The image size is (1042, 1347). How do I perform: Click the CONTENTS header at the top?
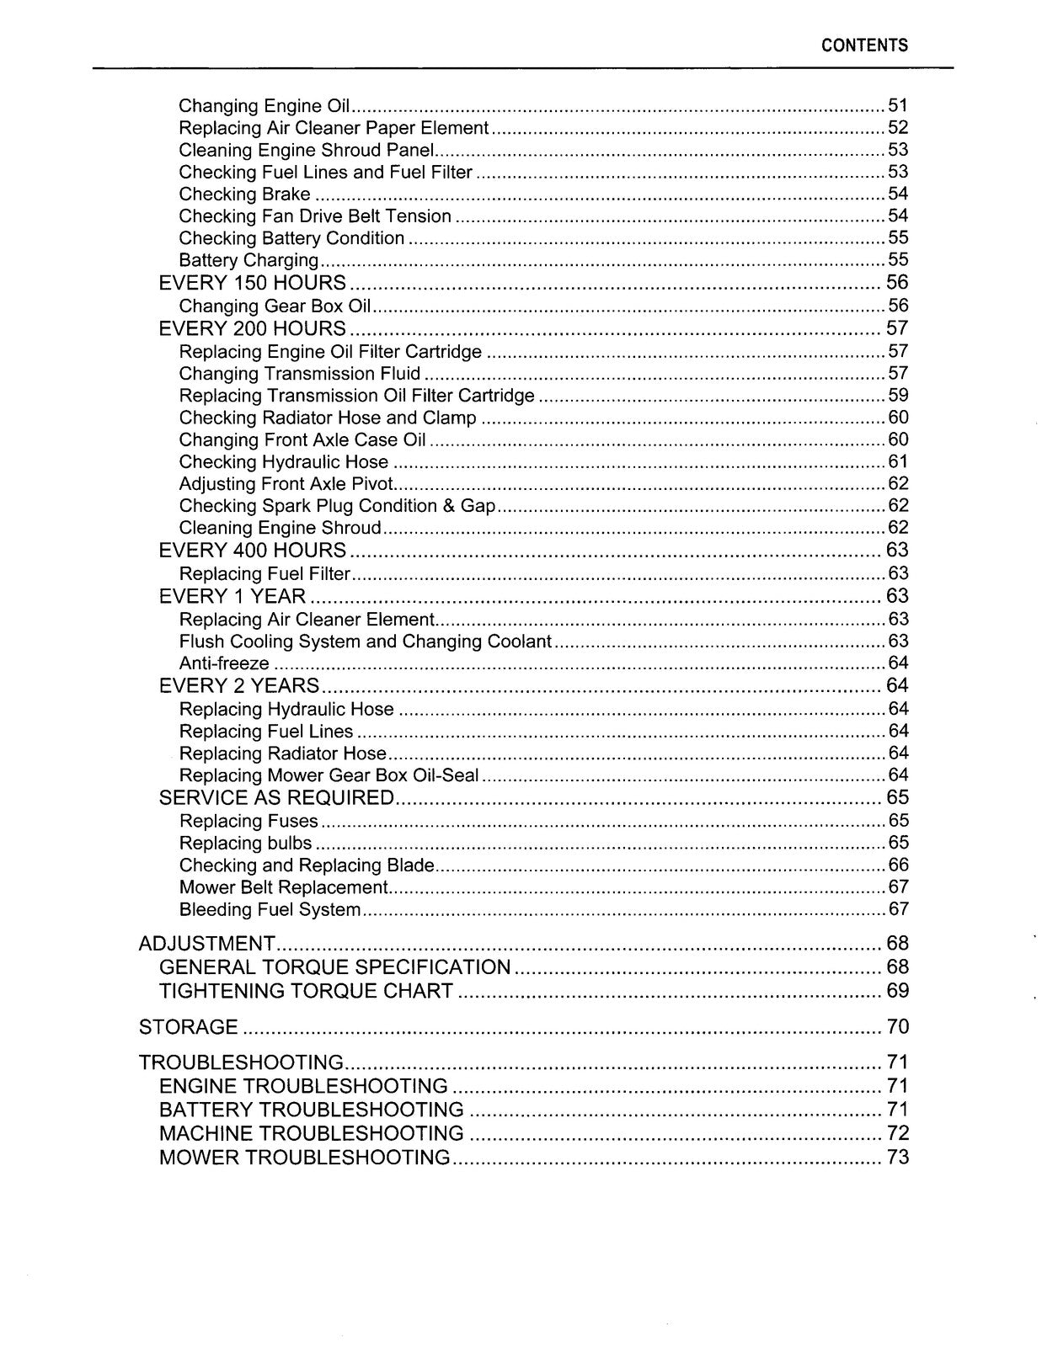pyautogui.click(x=864, y=45)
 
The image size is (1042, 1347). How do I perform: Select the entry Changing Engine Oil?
pyautogui.click(x=265, y=106)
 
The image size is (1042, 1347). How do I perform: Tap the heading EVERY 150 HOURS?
pyautogui.click(x=252, y=283)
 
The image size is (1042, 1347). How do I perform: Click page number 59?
pyautogui.click(x=898, y=396)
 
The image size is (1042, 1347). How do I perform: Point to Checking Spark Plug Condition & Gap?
pyautogui.click(x=337, y=506)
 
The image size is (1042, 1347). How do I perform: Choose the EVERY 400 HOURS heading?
pyautogui.click(x=252, y=551)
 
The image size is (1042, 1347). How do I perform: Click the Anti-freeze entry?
pyautogui.click(x=224, y=663)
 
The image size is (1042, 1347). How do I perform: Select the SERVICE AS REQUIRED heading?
pyautogui.click(x=276, y=798)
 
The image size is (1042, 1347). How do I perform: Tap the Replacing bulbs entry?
pyautogui.click(x=245, y=844)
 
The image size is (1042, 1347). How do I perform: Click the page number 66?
pyautogui.click(x=898, y=865)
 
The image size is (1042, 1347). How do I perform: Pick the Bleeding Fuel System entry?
pyautogui.click(x=270, y=910)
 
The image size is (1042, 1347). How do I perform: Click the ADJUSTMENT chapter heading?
pyautogui.click(x=206, y=944)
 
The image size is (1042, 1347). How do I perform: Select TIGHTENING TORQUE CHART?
pyautogui.click(x=306, y=991)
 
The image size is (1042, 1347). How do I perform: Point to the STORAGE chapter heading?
pyautogui.click(x=188, y=1027)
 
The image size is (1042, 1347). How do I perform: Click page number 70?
pyautogui.click(x=897, y=1027)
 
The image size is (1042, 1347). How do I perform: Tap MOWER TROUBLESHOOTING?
pyautogui.click(x=304, y=1158)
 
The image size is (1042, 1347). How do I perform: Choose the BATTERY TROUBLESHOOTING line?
pyautogui.click(x=311, y=1110)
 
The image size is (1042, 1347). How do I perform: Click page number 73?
pyautogui.click(x=897, y=1158)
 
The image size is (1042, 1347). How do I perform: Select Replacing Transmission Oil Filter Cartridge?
pyautogui.click(x=356, y=396)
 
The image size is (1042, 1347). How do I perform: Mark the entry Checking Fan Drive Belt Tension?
pyautogui.click(x=315, y=216)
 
